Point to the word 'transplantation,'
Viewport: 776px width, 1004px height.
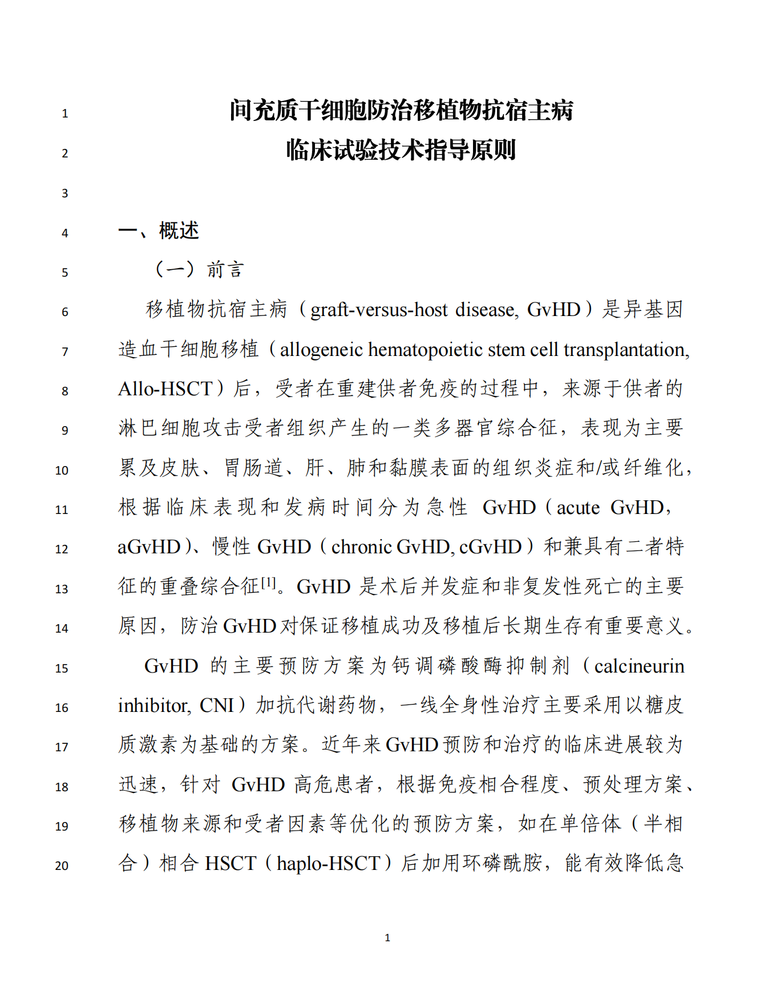627,349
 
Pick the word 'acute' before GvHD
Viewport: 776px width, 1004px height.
577,507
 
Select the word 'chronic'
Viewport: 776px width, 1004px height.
361,547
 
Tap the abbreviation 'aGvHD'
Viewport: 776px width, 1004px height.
149,547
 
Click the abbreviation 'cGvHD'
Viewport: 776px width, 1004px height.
490,547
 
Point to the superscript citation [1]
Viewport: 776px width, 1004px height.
268,582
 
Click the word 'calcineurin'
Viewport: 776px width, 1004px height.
638,666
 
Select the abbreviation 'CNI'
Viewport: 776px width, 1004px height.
217,706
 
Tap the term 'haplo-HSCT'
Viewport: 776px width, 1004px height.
328,863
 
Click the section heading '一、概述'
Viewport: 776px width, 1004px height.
159,231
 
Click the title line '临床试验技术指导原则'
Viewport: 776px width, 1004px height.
401,151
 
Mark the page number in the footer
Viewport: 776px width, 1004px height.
387,937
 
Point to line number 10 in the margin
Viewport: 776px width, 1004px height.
62,471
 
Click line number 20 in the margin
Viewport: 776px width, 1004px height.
62,866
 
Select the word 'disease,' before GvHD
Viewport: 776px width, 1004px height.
487,310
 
